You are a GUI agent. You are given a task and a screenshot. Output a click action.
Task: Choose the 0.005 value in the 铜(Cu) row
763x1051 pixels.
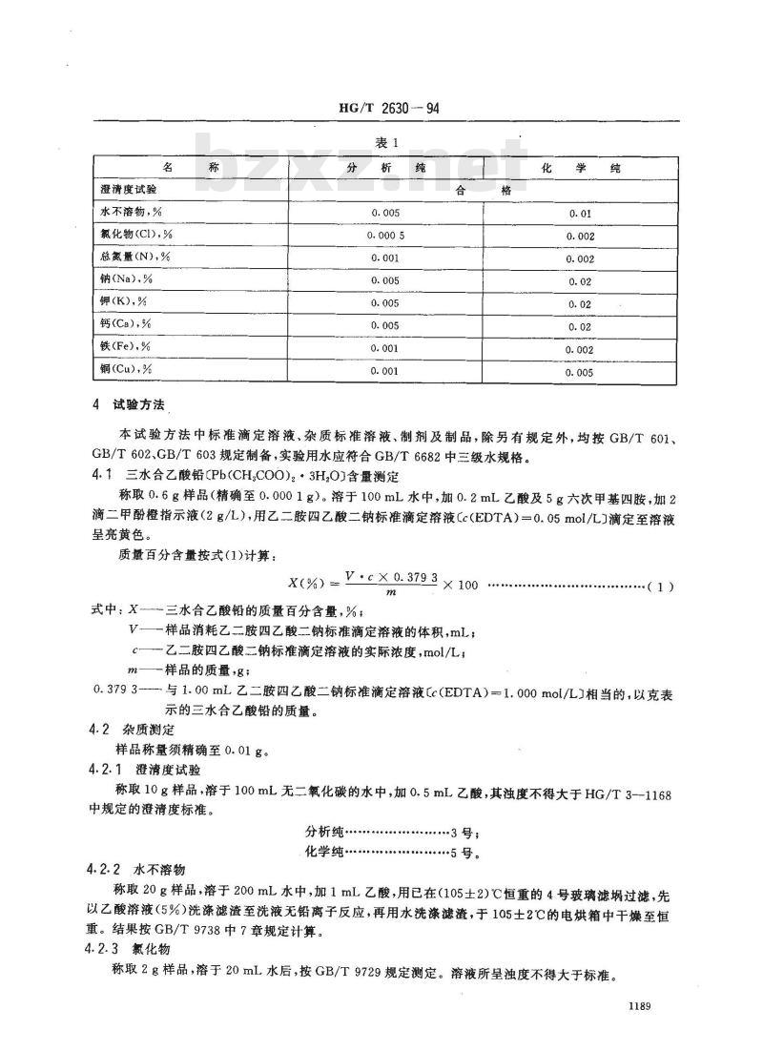pos(580,372)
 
